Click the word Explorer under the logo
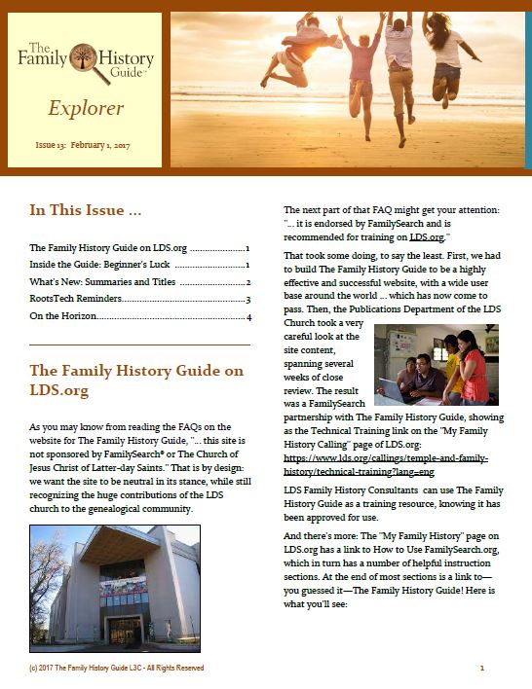(x=85, y=107)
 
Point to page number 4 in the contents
(x=249, y=317)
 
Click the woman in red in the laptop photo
(x=475, y=368)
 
